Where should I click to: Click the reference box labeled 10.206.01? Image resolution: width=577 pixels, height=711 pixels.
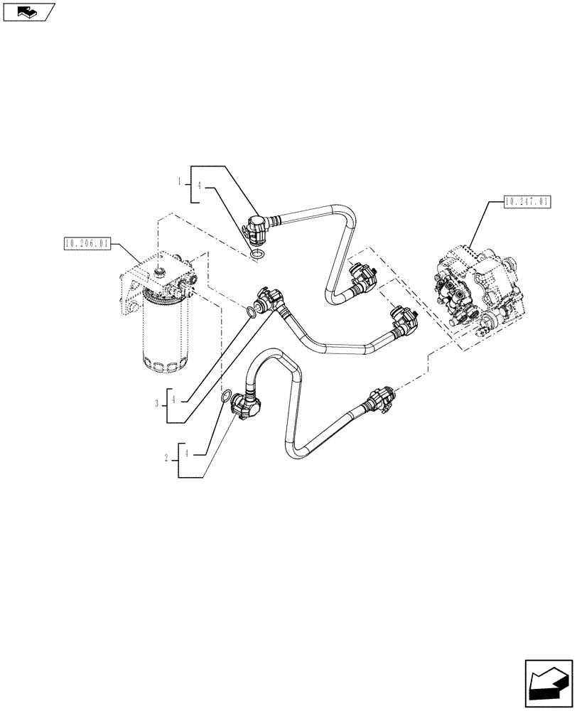click(86, 244)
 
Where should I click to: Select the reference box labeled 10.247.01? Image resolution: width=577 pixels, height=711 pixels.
click(527, 202)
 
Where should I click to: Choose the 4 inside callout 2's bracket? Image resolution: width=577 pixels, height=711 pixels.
click(187, 453)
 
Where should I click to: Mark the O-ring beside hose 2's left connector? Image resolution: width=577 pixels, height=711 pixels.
click(225, 397)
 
